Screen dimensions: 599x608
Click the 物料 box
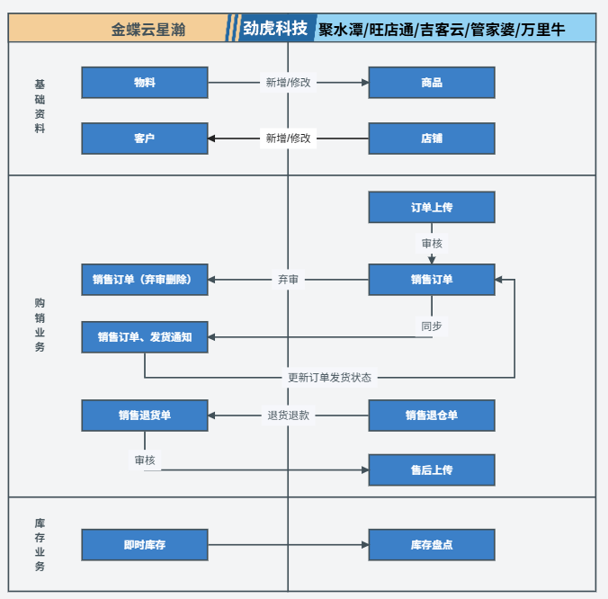click(x=144, y=83)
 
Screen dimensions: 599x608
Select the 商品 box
click(x=432, y=83)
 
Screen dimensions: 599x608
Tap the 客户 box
click(x=144, y=139)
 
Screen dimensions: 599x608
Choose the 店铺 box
click(x=432, y=139)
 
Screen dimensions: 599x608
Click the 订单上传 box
click(x=432, y=208)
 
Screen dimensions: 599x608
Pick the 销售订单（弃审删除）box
click(x=144, y=280)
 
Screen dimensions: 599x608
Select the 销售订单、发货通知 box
click(x=144, y=337)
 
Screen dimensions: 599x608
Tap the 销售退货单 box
click(x=144, y=416)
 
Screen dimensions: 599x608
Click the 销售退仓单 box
click(x=432, y=416)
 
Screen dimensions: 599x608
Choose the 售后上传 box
click(x=432, y=470)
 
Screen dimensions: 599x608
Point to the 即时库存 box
click(x=144, y=545)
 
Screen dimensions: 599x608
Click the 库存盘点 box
click(x=432, y=545)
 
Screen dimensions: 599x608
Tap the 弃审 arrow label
click(x=288, y=280)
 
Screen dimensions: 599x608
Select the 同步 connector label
click(x=432, y=326)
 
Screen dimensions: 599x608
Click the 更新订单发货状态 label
click(x=329, y=378)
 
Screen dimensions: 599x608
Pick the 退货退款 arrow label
click(x=288, y=416)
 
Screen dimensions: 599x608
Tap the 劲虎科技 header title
click(x=275, y=29)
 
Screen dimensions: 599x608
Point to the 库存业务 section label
click(x=40, y=545)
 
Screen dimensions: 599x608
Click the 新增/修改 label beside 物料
click(x=288, y=83)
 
